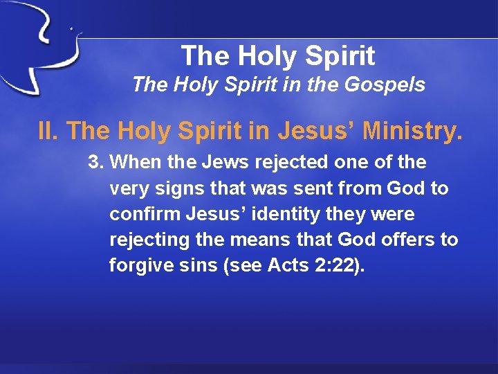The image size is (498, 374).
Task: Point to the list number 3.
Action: [95, 163]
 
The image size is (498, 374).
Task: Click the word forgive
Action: [138, 265]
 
